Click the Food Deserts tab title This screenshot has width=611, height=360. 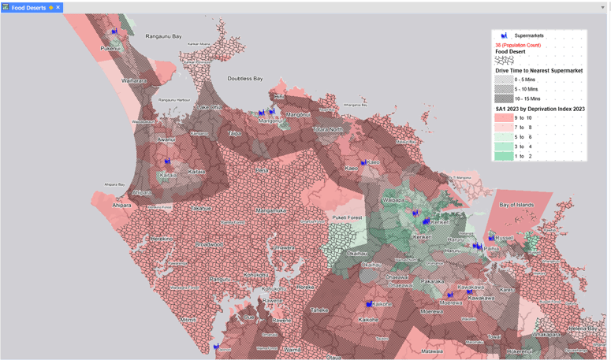click(x=28, y=8)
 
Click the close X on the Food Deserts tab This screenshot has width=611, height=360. click(x=58, y=8)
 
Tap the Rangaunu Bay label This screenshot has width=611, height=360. click(x=163, y=36)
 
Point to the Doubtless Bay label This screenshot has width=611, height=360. click(x=244, y=79)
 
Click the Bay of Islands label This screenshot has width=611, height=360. click(x=516, y=205)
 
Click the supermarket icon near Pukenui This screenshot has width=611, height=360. click(x=114, y=32)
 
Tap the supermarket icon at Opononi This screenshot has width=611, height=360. click(x=216, y=347)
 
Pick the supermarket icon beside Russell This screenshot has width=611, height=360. click(x=492, y=237)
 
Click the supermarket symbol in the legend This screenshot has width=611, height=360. click(x=504, y=35)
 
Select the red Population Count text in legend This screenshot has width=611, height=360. click(x=518, y=45)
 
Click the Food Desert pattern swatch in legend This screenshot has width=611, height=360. click(x=504, y=61)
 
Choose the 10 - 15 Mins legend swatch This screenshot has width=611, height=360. click(x=504, y=98)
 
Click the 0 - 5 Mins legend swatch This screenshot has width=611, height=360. click(x=504, y=80)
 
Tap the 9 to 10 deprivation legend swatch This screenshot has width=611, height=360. click(x=504, y=118)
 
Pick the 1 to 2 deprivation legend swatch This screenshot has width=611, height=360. click(x=504, y=156)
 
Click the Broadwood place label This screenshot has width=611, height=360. click(x=209, y=245)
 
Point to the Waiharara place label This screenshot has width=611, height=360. click(x=133, y=80)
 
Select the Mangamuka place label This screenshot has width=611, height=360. click(x=270, y=210)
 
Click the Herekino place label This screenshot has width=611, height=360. click(x=162, y=238)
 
